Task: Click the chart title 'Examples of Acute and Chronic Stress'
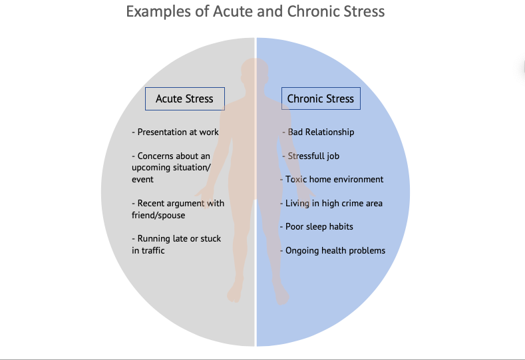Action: click(x=256, y=11)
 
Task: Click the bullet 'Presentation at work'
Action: click(x=175, y=132)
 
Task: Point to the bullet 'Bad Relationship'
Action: click(x=318, y=132)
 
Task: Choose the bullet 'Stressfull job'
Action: click(x=311, y=156)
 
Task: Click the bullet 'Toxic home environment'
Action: click(x=332, y=179)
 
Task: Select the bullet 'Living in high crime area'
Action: click(x=331, y=203)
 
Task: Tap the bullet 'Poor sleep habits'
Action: click(x=317, y=227)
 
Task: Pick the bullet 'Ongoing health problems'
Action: click(x=333, y=250)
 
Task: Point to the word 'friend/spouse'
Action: click(x=158, y=215)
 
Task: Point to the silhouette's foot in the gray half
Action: click(x=234, y=293)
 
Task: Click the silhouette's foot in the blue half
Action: click(x=281, y=295)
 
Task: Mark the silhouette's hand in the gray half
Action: click(x=205, y=196)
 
